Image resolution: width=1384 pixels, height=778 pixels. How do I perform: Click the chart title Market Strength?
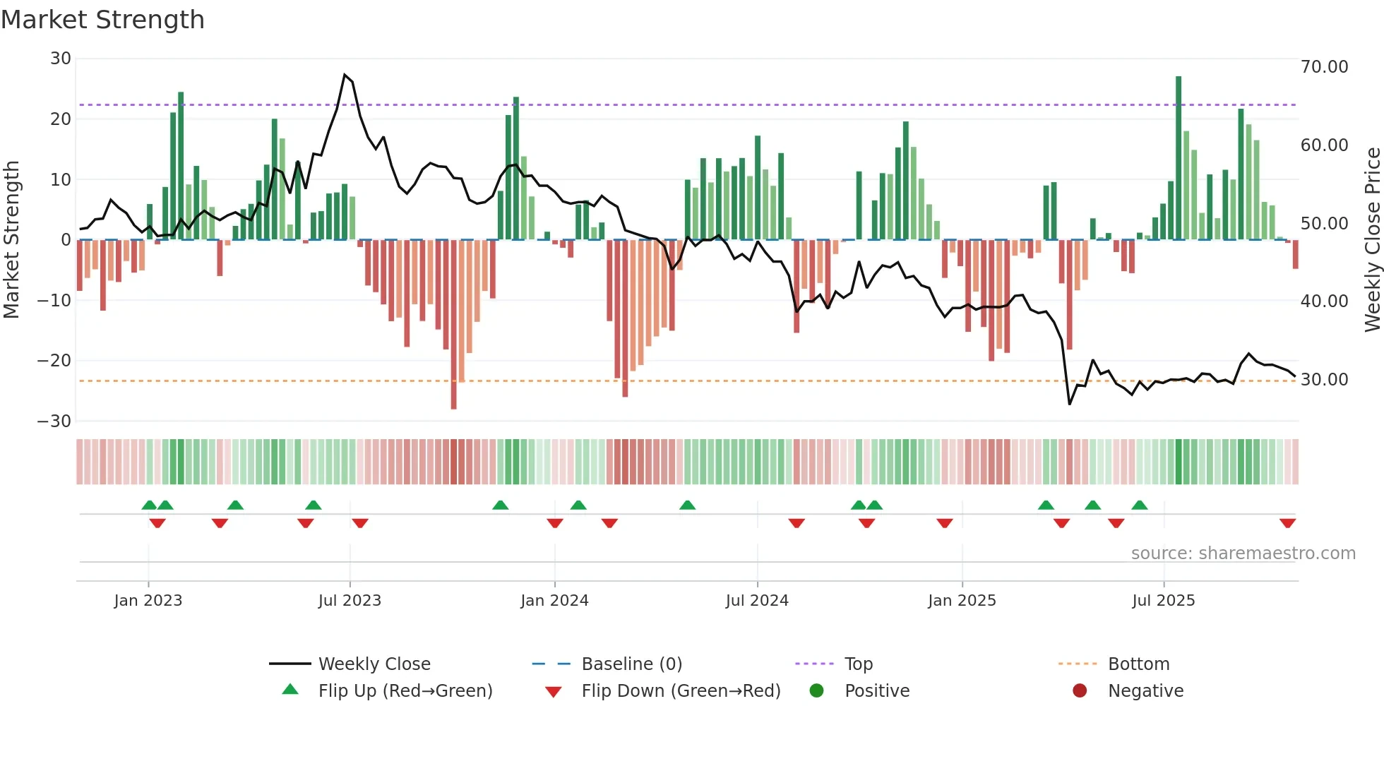[102, 20]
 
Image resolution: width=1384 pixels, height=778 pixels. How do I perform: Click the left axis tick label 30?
[61, 59]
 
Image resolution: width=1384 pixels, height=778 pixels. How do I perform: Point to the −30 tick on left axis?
[54, 421]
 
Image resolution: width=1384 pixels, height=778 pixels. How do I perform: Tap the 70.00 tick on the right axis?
[1324, 67]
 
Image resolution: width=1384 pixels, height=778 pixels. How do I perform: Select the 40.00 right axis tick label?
[1324, 301]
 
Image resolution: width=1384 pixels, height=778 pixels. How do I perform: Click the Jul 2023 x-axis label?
[350, 601]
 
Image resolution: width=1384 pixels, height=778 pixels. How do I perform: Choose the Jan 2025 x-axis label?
[962, 601]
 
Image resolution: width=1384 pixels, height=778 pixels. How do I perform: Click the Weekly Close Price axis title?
[1372, 240]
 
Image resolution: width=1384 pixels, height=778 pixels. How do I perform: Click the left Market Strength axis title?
[12, 240]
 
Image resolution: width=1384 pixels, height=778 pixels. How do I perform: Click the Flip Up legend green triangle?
[290, 690]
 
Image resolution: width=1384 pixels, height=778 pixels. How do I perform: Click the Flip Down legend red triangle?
[554, 692]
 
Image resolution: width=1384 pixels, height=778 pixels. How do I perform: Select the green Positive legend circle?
[816, 690]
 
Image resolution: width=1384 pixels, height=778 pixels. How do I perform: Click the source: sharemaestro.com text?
[1243, 553]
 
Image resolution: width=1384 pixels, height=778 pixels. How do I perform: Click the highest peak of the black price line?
[345, 74]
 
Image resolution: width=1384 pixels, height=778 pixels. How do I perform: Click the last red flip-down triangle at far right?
[1287, 523]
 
